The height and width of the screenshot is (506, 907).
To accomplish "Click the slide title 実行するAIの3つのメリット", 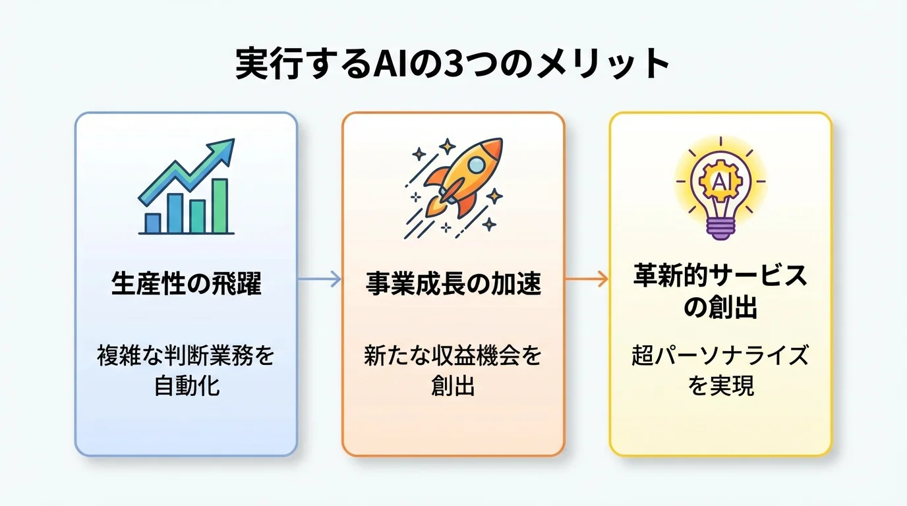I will click(453, 65).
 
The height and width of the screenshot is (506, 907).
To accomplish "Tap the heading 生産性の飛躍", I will click(186, 285).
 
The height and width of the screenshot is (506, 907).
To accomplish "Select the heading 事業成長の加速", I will click(453, 285).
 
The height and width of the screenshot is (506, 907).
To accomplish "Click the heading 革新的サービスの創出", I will click(720, 291).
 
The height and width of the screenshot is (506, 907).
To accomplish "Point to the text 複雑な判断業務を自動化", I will click(186, 370).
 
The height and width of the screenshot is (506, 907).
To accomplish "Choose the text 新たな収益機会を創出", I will click(453, 370).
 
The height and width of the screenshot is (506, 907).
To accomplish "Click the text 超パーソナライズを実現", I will click(720, 370).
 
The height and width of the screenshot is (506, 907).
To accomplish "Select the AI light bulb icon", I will click(720, 187).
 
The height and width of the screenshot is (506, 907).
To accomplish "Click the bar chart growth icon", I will click(187, 187).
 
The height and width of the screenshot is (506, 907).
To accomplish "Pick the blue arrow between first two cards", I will click(319, 279).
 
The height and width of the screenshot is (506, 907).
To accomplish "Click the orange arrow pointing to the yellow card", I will click(587, 279).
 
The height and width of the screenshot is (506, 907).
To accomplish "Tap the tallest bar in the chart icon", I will click(219, 206).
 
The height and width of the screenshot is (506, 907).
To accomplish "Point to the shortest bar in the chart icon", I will click(153, 223).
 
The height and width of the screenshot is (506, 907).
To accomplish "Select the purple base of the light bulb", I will click(720, 229).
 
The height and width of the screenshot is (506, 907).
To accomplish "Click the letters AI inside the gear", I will click(720, 181).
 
